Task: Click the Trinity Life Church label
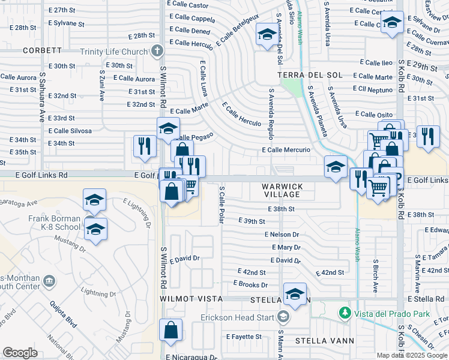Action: tap(113, 52)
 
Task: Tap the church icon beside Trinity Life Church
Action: tap(157, 51)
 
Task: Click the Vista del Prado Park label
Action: tap(382, 313)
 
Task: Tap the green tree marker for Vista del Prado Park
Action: tap(345, 313)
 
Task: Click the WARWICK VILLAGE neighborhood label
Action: tap(282, 190)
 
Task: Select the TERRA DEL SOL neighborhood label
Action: tap(310, 75)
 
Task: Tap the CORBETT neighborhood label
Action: tap(43, 51)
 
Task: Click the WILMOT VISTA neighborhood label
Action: tap(191, 299)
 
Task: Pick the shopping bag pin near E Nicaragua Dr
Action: tap(171, 329)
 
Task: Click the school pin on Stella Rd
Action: tap(295, 294)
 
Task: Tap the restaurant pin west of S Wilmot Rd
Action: tap(145, 146)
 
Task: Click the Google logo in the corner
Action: tap(20, 353)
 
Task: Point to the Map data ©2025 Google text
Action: tap(411, 355)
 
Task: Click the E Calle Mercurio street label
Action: tap(286, 150)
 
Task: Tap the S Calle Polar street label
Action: tap(222, 205)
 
